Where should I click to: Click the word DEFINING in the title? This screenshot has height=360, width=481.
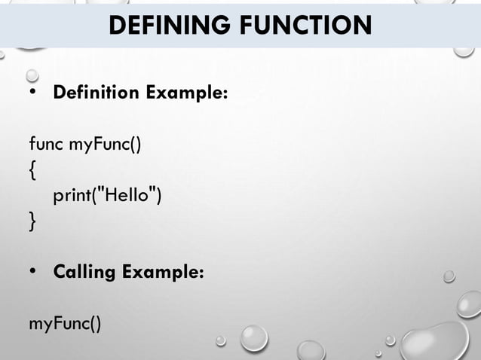[167, 26]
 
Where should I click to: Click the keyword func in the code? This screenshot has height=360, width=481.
[46, 143]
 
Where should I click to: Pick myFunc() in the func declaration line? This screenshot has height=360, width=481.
[105, 143]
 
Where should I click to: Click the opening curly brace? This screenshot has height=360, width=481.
[32, 169]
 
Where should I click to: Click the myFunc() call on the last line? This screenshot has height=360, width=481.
[64, 324]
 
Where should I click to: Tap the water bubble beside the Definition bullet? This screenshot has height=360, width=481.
[32, 75]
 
